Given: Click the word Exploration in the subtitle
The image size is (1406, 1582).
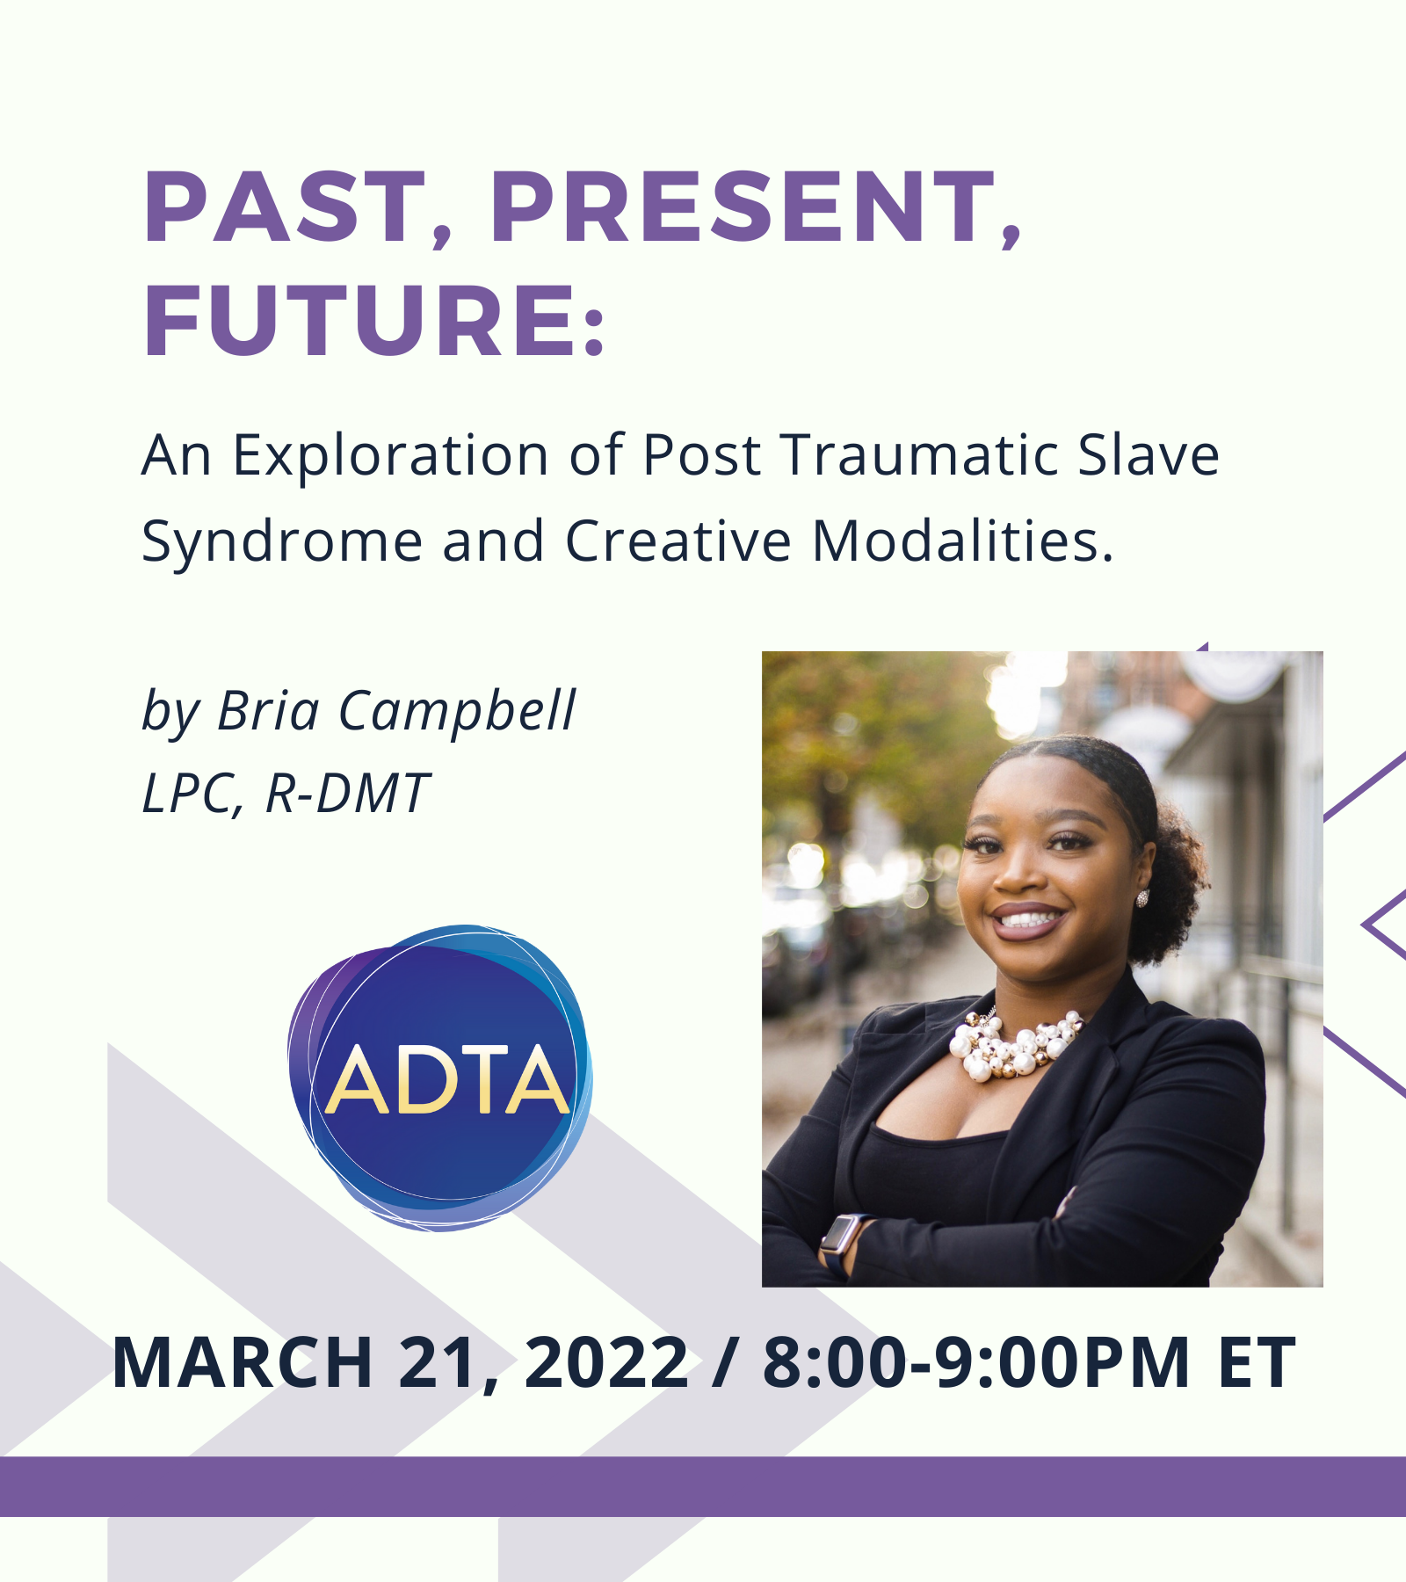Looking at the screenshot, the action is (390, 456).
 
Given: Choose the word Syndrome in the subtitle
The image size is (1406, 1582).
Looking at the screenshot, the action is (282, 542).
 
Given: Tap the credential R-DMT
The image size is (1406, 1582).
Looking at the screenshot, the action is (346, 794).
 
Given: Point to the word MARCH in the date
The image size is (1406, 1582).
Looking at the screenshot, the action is (243, 1362).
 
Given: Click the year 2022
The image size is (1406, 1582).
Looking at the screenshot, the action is (606, 1362).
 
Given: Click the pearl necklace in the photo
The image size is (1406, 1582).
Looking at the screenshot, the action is (1015, 1046).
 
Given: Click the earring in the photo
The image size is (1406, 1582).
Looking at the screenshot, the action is (1141, 898).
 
